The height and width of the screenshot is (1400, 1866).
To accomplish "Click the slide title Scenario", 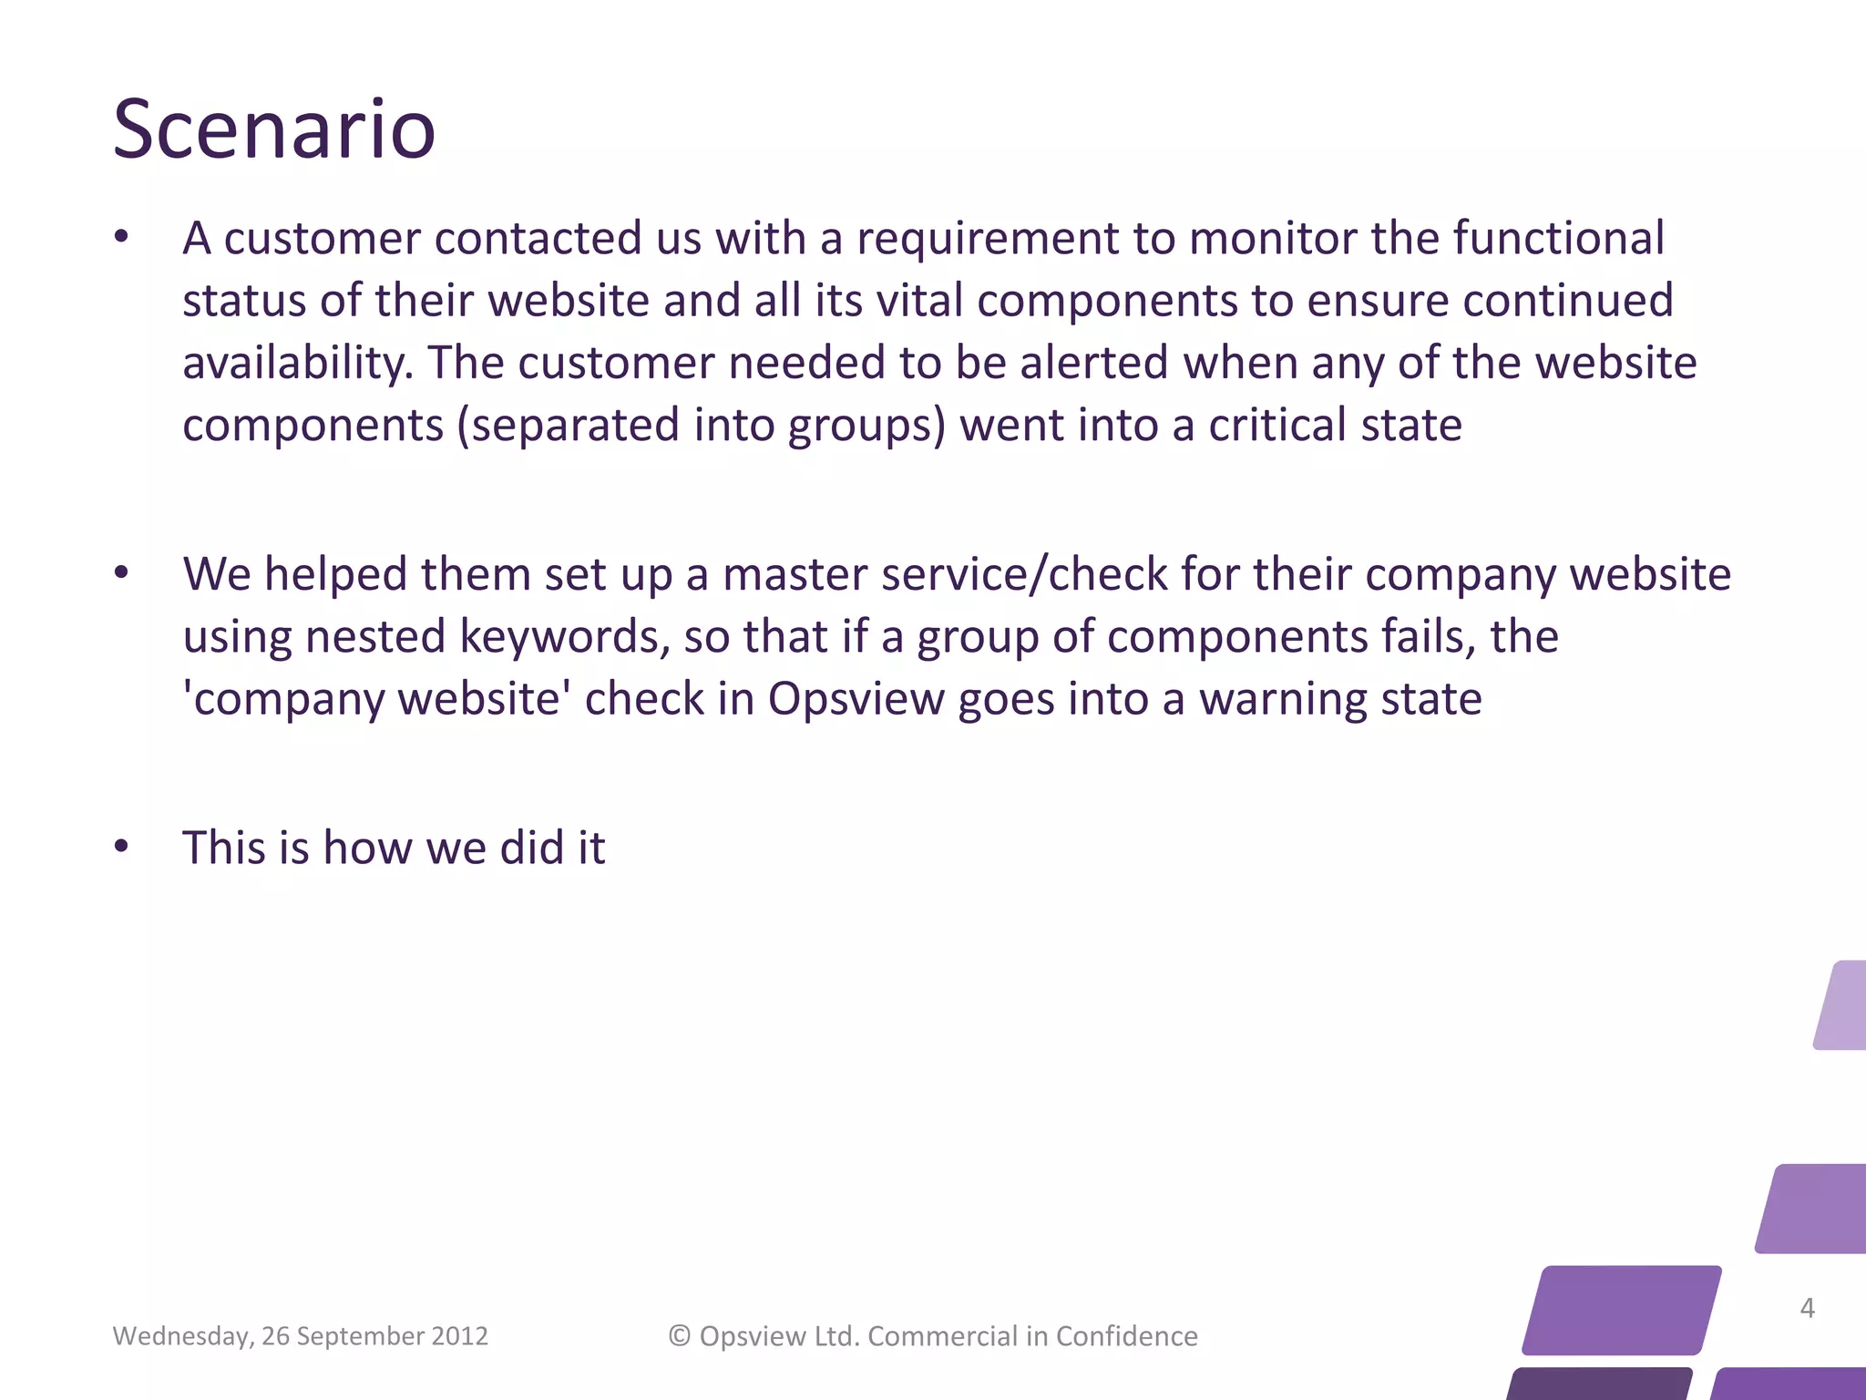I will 273,129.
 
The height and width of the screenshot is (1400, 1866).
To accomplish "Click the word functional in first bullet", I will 1558,238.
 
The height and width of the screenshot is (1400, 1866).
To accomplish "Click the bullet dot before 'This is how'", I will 121,847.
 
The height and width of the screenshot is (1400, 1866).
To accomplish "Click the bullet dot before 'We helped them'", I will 121,574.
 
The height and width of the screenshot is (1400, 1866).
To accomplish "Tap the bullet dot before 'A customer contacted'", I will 121,238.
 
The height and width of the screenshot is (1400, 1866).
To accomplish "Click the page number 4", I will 1807,1308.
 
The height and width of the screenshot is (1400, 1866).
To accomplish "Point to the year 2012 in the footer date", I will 459,1336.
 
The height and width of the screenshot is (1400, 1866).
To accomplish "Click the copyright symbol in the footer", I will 680,1336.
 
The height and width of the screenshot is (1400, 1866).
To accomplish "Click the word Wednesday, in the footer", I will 182,1336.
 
